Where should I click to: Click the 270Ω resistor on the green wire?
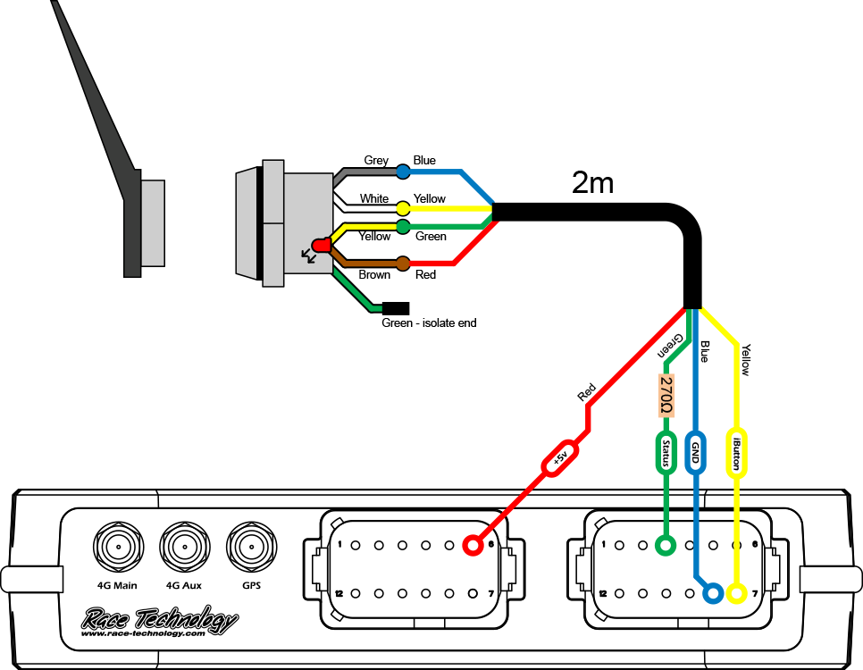pyautogui.click(x=666, y=396)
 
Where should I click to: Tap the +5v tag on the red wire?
pyautogui.click(x=560, y=459)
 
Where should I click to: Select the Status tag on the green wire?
pyautogui.click(x=666, y=452)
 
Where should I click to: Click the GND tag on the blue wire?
pyautogui.click(x=697, y=453)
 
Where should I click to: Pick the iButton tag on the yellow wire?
pyautogui.click(x=736, y=453)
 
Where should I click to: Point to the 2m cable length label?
pyautogui.click(x=592, y=183)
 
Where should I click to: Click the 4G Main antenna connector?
pyautogui.click(x=117, y=546)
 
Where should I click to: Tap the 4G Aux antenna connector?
pyautogui.click(x=183, y=546)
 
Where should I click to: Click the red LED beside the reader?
pyautogui.click(x=320, y=244)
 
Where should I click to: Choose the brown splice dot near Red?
pyautogui.click(x=403, y=264)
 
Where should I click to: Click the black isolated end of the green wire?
pyautogui.click(x=395, y=308)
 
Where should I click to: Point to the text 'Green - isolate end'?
pyautogui.click(x=429, y=322)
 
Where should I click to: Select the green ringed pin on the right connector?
pyautogui.click(x=666, y=545)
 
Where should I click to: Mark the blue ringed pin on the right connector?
pyautogui.click(x=713, y=593)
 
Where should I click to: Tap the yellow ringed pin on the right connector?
pyautogui.click(x=736, y=593)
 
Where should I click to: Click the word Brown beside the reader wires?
pyautogui.click(x=374, y=275)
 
